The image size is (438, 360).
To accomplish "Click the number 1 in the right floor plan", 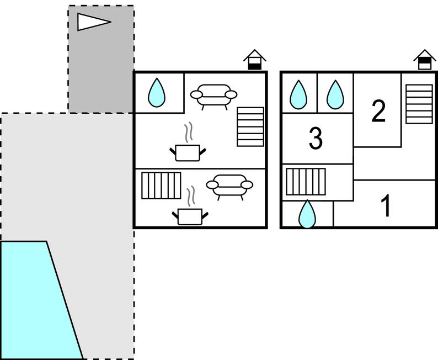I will tap(387, 206).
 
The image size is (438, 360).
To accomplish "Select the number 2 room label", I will tap(378, 112).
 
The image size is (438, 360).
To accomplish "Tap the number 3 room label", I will tap(316, 139).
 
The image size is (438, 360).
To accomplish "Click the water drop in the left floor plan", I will tap(157, 93).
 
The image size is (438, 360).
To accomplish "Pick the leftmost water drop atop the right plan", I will tap(298, 94).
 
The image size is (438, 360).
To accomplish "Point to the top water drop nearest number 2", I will tap(335, 94).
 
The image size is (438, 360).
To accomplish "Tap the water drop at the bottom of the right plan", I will tap(307, 214).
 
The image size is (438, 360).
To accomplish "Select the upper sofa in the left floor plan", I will tap(213, 95).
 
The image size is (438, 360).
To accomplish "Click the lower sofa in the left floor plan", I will tap(229, 186).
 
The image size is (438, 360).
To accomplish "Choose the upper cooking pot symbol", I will tap(188, 152).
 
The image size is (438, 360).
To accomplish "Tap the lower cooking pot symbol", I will tap(190, 216).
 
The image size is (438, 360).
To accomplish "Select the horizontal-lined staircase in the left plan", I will tap(250, 126).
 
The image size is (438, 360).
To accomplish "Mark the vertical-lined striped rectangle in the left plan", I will tap(161, 186).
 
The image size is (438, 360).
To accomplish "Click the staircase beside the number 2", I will tap(419, 104).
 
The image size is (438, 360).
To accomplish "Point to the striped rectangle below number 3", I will tap(306, 182).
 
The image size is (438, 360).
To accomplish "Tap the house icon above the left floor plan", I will tap(254, 60).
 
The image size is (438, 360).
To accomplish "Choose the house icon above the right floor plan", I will tap(424, 60).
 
